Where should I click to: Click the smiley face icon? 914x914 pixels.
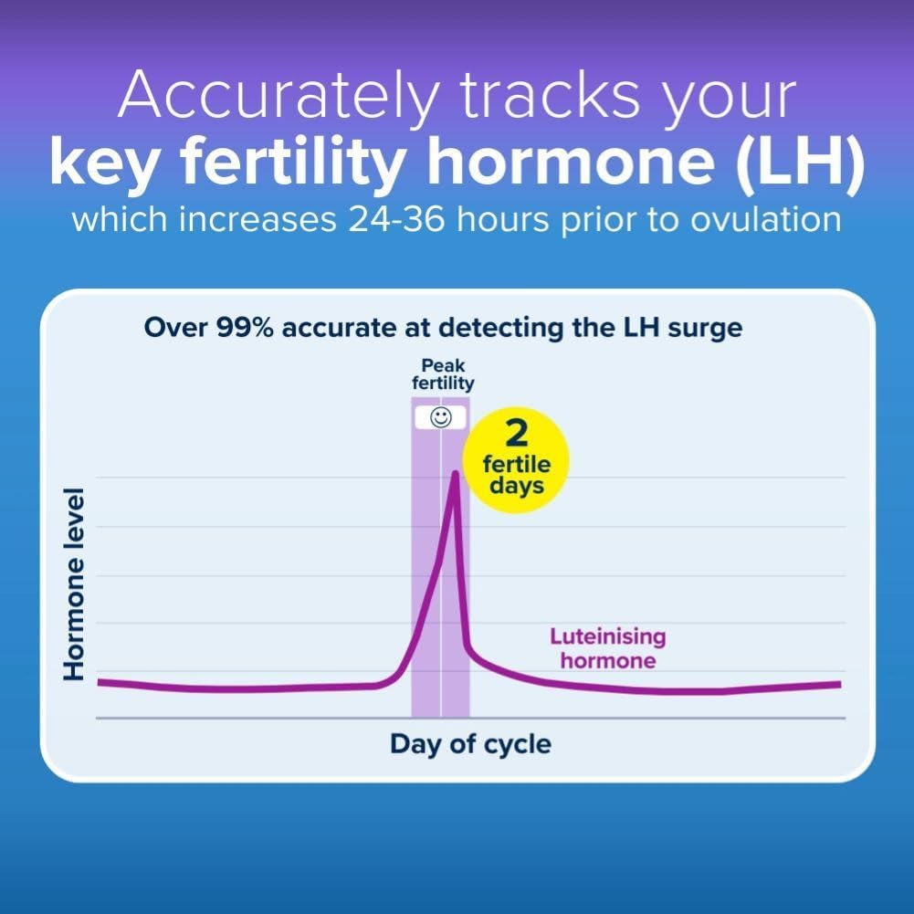[441, 418]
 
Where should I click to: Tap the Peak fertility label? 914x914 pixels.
[442, 374]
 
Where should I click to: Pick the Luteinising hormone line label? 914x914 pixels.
[607, 648]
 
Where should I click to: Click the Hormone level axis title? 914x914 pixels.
[75, 584]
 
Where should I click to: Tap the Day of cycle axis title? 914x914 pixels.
[470, 744]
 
